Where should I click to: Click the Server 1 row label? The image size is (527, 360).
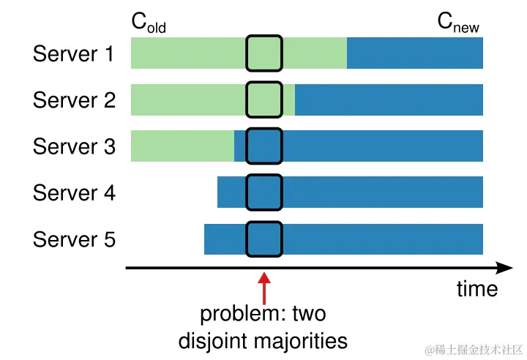[x=74, y=54]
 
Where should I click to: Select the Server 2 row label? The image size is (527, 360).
[x=74, y=100]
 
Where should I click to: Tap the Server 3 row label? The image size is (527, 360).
[x=74, y=146]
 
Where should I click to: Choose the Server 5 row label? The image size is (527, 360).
[x=74, y=239]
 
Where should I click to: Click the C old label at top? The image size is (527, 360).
[x=149, y=23]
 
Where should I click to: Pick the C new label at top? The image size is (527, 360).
[x=459, y=23]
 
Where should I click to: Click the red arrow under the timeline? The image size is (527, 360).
[x=264, y=287]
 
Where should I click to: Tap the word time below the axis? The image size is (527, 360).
[x=476, y=289]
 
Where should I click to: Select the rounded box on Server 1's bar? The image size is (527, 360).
[x=264, y=53]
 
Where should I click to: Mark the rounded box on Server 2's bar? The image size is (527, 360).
[x=264, y=100]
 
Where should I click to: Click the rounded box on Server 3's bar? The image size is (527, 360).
[x=264, y=146]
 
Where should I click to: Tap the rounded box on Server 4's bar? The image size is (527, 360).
[x=264, y=192]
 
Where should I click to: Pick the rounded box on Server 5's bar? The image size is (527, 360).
[x=264, y=239]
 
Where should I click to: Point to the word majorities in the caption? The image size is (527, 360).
[x=304, y=340]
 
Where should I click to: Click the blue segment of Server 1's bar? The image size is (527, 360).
[x=414, y=53]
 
